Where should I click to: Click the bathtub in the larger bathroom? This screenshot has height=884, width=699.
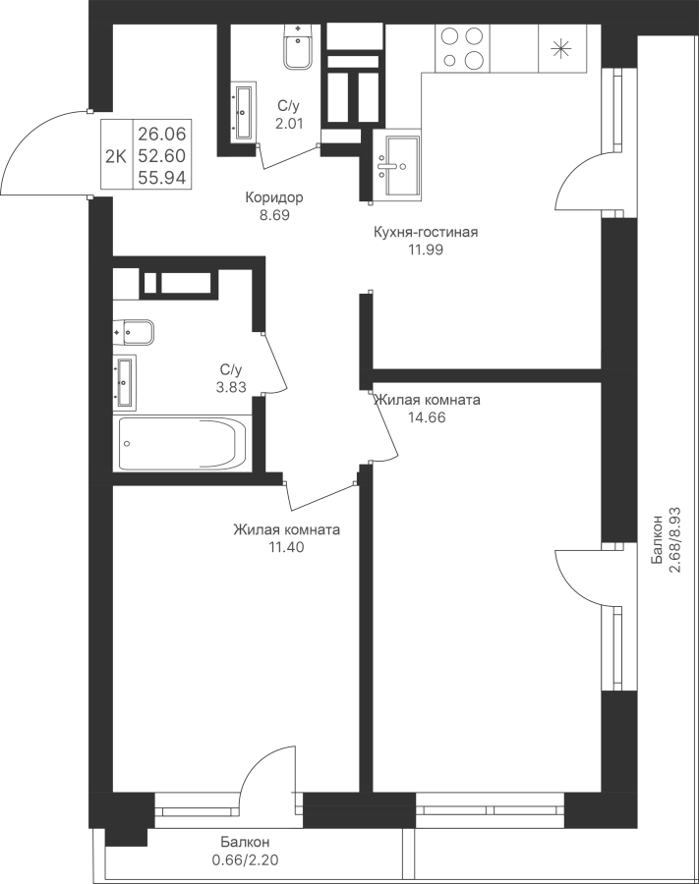click(x=183, y=444)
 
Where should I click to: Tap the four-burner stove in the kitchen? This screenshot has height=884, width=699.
click(x=462, y=47)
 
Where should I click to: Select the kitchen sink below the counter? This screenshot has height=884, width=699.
click(x=398, y=165)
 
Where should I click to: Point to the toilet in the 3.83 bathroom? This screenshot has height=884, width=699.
click(x=133, y=333)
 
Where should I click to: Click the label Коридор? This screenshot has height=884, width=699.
click(x=274, y=197)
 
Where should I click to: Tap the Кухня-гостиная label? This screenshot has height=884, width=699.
click(x=426, y=233)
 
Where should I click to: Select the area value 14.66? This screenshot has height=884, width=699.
click(x=427, y=416)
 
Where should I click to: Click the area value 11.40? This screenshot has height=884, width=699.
click(x=286, y=547)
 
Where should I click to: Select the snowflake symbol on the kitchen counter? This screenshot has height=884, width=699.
click(x=561, y=47)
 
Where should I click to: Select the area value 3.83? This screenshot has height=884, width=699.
click(x=230, y=387)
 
